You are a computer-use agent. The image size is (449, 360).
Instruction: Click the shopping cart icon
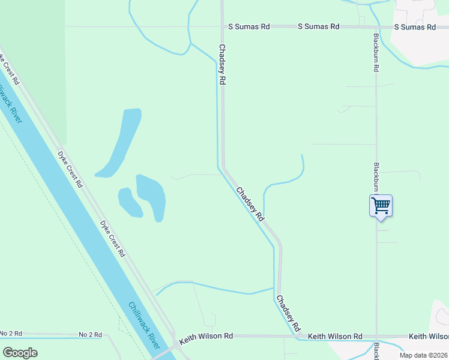381,205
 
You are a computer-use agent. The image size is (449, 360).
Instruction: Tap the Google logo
20,353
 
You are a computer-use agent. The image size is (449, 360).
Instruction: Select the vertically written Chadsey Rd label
222,64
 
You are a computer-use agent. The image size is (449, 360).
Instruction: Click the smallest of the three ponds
129,202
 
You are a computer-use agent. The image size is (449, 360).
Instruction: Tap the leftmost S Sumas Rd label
249,27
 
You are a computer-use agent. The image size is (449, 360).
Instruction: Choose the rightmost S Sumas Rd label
415,27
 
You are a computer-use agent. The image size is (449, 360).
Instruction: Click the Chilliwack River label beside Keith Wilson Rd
144,325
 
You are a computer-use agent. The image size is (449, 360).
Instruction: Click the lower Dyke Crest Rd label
113,239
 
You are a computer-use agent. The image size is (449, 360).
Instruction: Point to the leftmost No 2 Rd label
11,334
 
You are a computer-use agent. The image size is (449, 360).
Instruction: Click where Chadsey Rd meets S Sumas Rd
222,27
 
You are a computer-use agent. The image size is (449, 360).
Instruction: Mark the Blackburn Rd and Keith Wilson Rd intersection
377,337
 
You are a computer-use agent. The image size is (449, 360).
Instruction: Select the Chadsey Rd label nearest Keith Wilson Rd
288,313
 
